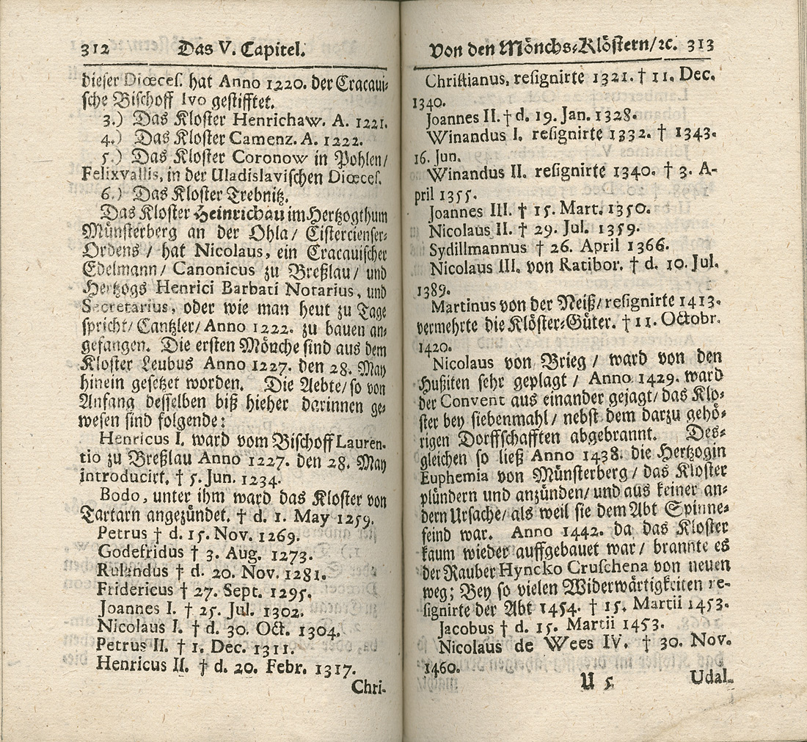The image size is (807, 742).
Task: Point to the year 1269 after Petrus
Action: click(x=272, y=534)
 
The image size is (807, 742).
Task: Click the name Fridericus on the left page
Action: click(x=136, y=589)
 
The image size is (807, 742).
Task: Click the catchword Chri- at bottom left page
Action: click(x=369, y=687)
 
